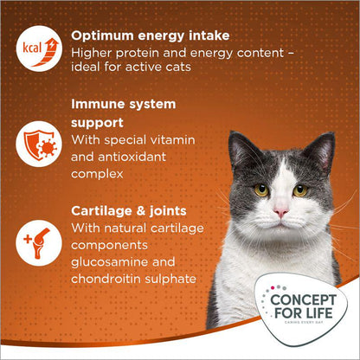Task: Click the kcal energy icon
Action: tap(31, 47)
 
